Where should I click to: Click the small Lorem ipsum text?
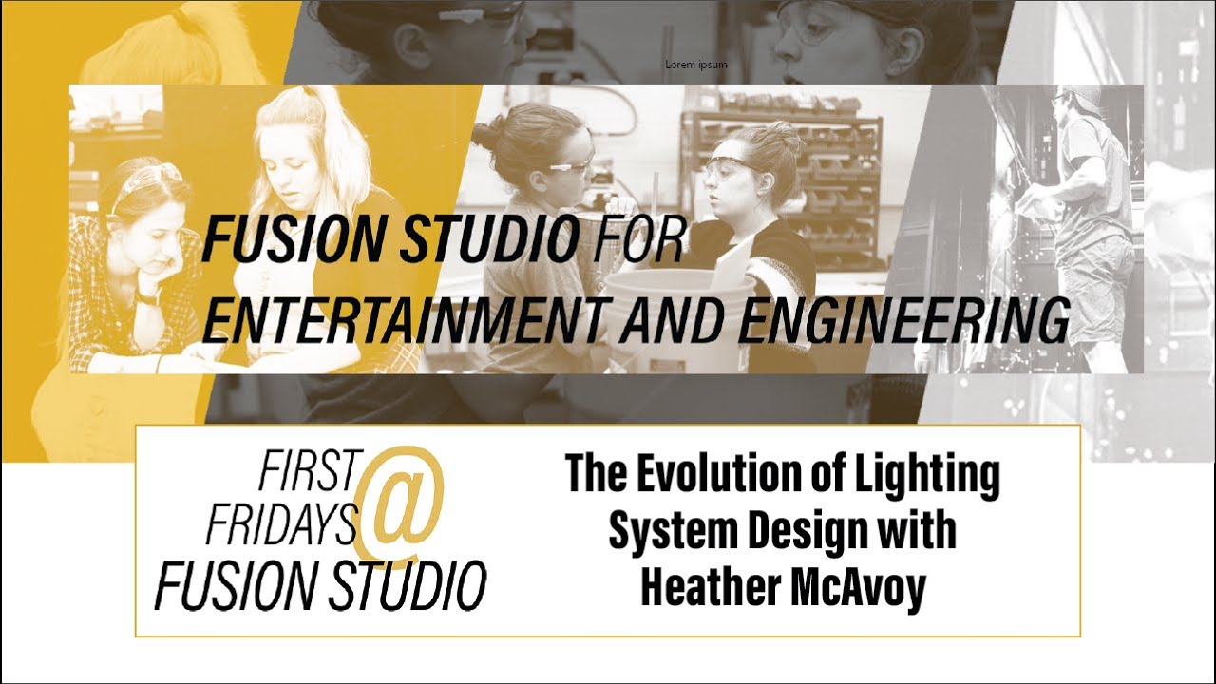tap(696, 65)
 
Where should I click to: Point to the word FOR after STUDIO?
tap(636, 242)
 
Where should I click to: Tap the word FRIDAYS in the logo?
tap(283, 521)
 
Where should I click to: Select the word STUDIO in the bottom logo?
tap(405, 583)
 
